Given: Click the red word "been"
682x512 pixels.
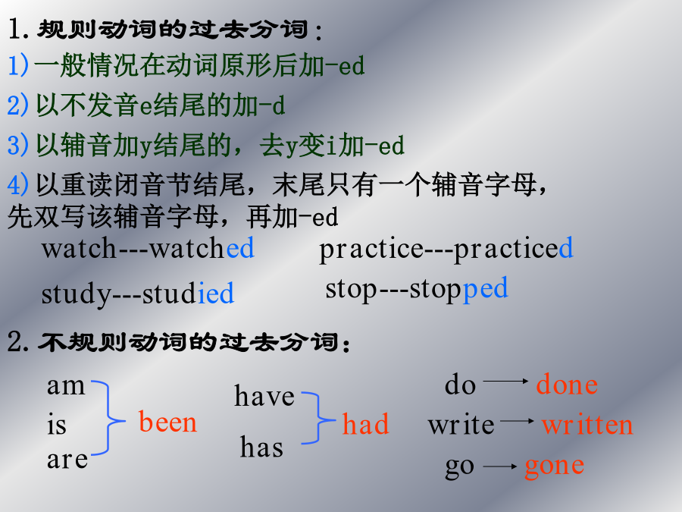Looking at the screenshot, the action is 168,422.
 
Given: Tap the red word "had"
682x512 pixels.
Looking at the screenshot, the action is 365,423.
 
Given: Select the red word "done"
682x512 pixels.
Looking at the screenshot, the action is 567,384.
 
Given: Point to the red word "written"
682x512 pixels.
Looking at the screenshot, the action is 587,424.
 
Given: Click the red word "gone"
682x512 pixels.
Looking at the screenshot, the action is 555,466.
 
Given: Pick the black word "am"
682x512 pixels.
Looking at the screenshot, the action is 66,386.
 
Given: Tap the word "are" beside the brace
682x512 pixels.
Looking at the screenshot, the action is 67,460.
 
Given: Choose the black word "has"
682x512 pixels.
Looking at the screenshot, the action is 261,447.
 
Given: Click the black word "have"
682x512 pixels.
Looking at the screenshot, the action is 264,395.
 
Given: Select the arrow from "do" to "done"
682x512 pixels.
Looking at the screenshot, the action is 505,381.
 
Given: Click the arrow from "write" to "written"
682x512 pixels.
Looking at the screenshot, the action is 517,420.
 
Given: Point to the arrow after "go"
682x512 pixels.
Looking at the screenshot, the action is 500,466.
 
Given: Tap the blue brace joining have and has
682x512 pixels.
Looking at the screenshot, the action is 319,419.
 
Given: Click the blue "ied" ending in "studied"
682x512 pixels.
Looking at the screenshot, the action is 216,293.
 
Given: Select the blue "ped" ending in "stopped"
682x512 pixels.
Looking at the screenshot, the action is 485,289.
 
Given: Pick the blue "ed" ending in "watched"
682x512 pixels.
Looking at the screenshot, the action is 240,248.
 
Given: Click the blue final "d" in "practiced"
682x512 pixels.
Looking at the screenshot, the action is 566,248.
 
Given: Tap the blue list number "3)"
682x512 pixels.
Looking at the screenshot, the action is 18,145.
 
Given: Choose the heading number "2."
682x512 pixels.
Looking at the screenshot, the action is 18,341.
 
